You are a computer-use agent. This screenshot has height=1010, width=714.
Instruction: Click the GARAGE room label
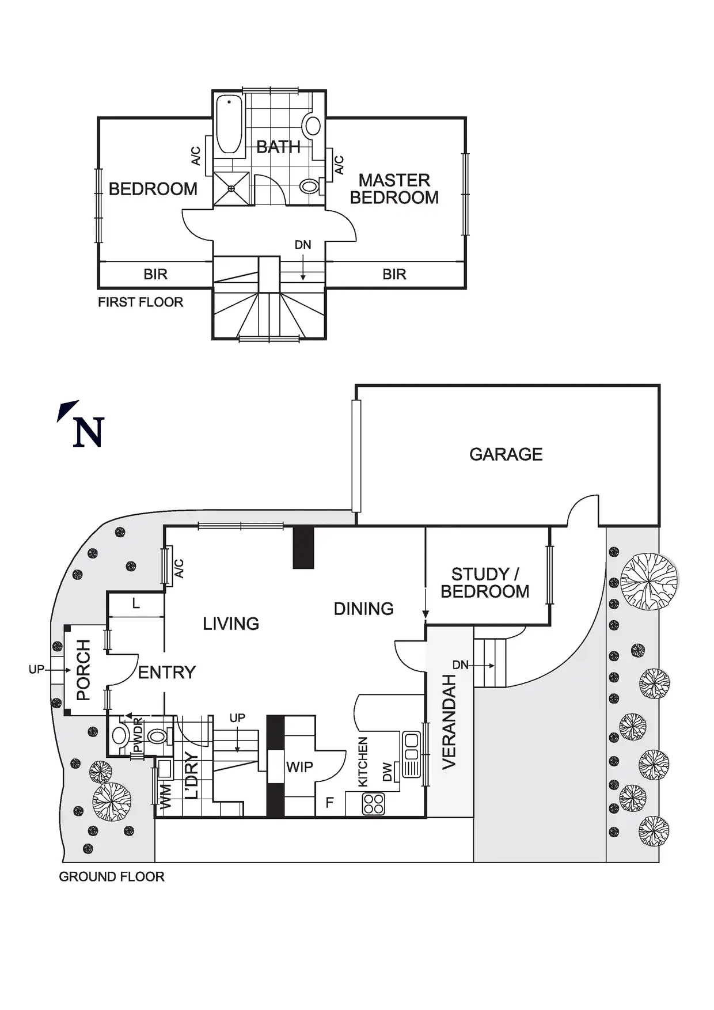pyautogui.click(x=506, y=454)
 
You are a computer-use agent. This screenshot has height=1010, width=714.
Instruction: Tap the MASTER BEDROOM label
pyautogui.click(x=394, y=189)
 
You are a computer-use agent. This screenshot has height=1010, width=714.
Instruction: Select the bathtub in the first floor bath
pyautogui.click(x=230, y=125)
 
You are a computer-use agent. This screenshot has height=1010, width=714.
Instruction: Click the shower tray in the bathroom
pyautogui.click(x=231, y=188)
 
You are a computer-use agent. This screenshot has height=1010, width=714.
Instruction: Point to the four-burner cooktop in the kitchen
pyautogui.click(x=373, y=804)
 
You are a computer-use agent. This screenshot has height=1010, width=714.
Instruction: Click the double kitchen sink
pyautogui.click(x=411, y=754)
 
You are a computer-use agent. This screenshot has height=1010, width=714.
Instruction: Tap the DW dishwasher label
pyautogui.click(x=388, y=772)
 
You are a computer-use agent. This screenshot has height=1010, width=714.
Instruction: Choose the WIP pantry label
pyautogui.click(x=299, y=767)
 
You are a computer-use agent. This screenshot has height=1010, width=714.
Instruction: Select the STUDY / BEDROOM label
pyautogui.click(x=485, y=583)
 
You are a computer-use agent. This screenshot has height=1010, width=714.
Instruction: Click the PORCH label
pyautogui.click(x=83, y=670)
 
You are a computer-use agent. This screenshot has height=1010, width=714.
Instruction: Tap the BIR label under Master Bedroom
pyautogui.click(x=394, y=274)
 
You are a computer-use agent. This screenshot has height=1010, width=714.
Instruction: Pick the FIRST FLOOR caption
pyautogui.click(x=140, y=302)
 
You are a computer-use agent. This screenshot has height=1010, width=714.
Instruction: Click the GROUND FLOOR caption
pyautogui.click(x=112, y=876)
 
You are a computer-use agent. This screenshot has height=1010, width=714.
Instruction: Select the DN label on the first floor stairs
pyautogui.click(x=303, y=245)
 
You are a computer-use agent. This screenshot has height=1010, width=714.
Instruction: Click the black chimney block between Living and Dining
pyautogui.click(x=303, y=548)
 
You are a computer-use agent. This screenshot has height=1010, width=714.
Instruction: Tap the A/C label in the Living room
pyautogui.click(x=179, y=568)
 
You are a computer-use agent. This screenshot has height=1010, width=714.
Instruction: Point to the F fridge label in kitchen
pyautogui.click(x=330, y=802)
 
